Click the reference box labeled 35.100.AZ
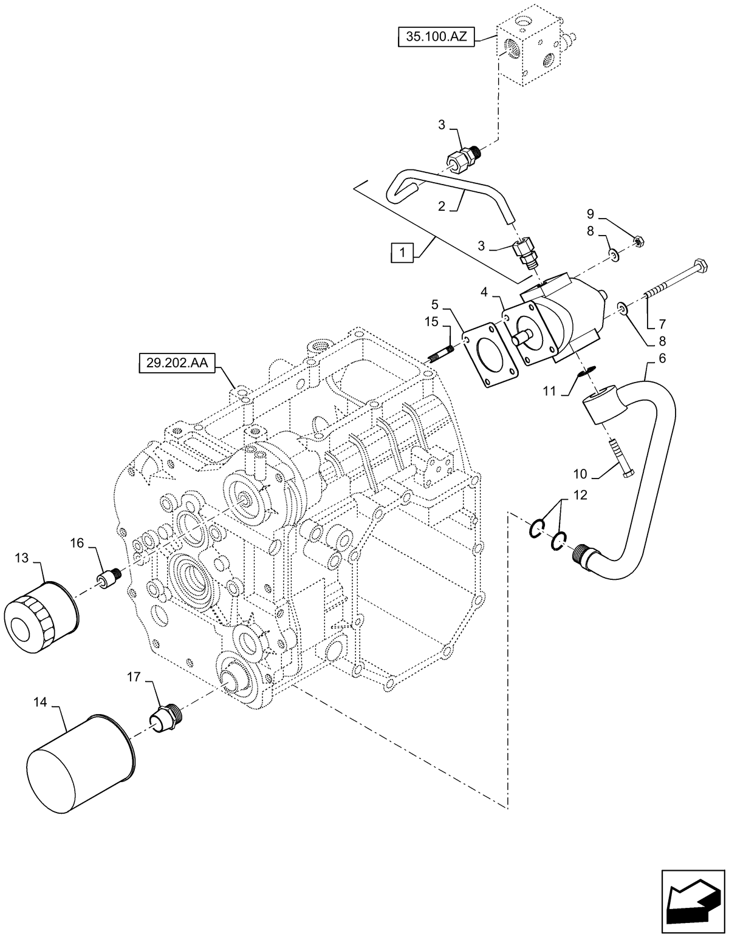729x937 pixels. (x=434, y=38)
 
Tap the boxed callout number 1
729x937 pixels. (x=402, y=251)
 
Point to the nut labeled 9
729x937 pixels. (x=637, y=242)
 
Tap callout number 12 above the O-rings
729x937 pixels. (x=580, y=495)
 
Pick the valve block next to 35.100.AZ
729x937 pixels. (x=528, y=50)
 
